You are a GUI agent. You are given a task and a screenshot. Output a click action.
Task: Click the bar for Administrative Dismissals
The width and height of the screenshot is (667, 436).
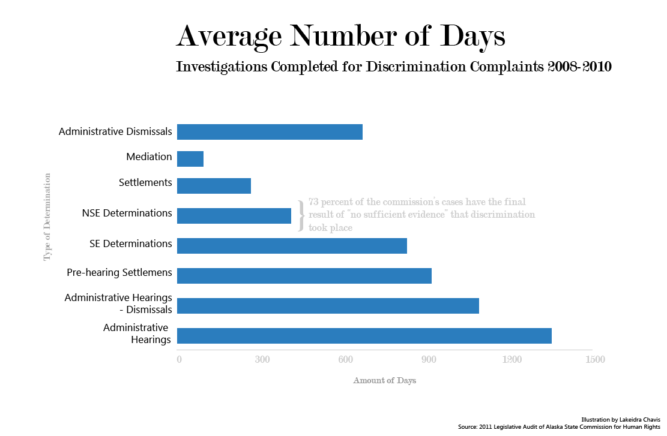tap(270, 132)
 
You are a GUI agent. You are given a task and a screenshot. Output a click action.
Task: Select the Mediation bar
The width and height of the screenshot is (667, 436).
tap(190, 159)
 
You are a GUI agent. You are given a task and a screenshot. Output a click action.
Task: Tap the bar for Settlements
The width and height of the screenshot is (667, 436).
tap(214, 186)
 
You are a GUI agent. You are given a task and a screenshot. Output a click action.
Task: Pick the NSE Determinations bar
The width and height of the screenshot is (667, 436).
tap(234, 215)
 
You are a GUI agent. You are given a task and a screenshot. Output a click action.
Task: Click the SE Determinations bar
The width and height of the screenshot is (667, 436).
tap(292, 246)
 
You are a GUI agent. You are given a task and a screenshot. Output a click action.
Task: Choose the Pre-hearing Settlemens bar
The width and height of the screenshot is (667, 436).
tap(304, 275)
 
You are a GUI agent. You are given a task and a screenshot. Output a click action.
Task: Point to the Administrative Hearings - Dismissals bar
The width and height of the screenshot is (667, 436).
tap(328, 306)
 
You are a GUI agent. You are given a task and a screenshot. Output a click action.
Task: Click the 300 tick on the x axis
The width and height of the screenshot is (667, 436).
tap(262, 360)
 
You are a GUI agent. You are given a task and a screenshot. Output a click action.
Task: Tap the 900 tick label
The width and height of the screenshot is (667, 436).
tap(428, 360)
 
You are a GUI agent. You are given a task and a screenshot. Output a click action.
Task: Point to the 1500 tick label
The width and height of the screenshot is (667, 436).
tap(594, 360)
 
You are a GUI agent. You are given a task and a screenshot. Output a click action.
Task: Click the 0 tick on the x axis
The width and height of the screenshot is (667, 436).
tap(179, 360)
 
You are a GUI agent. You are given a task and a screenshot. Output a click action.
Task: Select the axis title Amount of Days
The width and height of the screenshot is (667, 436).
tap(384, 381)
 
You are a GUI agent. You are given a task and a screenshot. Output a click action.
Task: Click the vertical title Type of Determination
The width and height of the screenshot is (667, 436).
tap(47, 217)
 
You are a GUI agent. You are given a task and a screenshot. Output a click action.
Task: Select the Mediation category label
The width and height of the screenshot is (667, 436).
tap(149, 157)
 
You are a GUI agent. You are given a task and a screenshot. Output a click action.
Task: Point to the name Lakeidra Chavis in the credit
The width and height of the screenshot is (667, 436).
tap(638, 419)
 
